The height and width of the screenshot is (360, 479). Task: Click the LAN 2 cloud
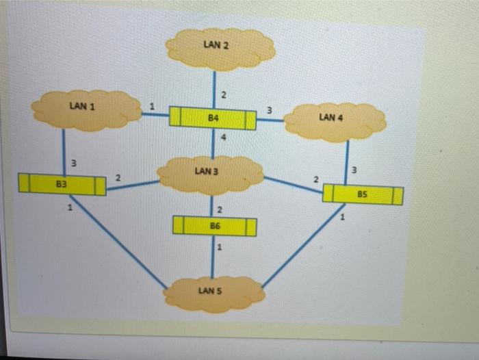220,48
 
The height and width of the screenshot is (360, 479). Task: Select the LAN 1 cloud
86,110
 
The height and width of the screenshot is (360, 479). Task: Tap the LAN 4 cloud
334,121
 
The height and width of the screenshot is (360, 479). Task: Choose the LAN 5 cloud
214,293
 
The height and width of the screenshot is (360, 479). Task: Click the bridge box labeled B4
213,118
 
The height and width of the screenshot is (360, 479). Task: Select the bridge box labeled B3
62,184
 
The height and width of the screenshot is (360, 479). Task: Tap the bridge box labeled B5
362,194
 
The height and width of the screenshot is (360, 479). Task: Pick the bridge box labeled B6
215,226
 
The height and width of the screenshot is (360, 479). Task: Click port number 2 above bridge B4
223,93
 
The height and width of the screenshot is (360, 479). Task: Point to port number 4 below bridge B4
223,139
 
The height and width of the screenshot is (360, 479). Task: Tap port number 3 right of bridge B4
269,110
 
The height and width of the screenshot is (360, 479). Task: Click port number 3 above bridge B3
74,163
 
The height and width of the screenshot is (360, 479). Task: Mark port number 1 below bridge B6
220,248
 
